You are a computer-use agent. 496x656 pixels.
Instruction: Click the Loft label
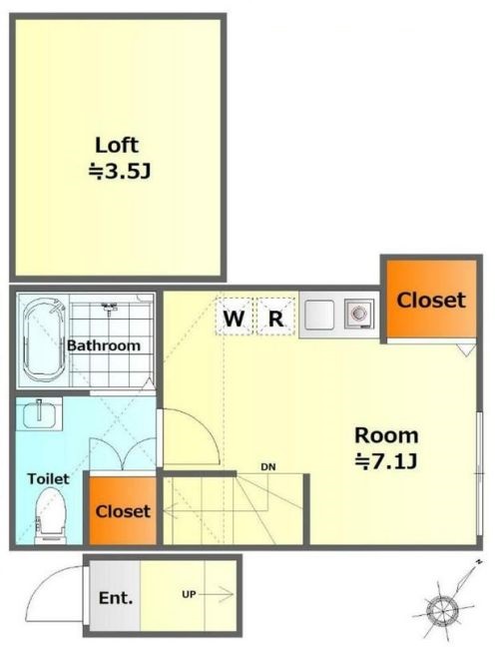click(x=117, y=145)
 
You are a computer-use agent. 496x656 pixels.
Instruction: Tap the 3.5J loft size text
click(x=119, y=172)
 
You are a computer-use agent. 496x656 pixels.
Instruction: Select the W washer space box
click(x=234, y=316)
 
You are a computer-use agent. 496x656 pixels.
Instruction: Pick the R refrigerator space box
click(x=275, y=316)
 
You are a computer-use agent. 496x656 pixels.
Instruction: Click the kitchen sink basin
click(x=319, y=315)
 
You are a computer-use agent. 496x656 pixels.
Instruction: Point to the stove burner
click(x=359, y=315)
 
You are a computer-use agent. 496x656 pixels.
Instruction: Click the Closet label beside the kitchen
click(x=431, y=300)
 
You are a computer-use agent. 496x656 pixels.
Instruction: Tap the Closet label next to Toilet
click(x=123, y=511)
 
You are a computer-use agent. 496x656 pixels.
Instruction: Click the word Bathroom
click(x=104, y=345)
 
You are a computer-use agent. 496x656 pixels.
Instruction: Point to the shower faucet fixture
click(x=109, y=308)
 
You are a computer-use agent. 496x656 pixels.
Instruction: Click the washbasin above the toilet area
click(x=39, y=413)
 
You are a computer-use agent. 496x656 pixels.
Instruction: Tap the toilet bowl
click(x=51, y=515)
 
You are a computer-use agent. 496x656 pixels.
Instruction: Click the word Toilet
click(x=48, y=478)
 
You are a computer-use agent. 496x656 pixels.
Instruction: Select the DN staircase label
click(x=268, y=467)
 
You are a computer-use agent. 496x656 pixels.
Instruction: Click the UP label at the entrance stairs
click(x=189, y=594)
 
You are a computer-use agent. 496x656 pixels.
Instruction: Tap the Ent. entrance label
click(x=116, y=598)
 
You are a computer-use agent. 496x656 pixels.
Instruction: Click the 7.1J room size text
click(x=385, y=462)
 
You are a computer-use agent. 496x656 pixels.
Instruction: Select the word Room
click(x=386, y=435)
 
